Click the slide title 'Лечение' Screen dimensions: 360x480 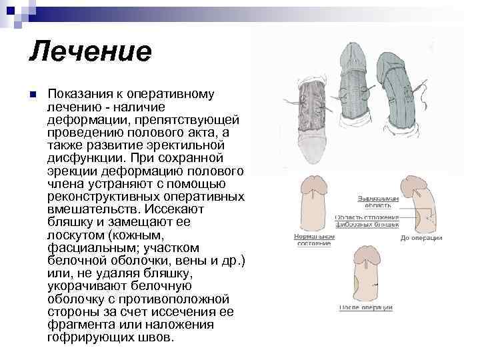coord(90,51)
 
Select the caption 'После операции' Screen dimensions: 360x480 coord(365,307)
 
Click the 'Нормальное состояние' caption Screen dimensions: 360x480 coord(314,239)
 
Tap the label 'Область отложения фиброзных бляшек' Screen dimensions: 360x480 coord(366,221)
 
